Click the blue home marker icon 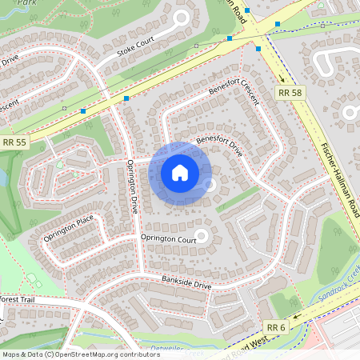click(x=179, y=172)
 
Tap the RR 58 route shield click(x=290, y=94)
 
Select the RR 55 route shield click(x=14, y=142)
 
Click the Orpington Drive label click(x=134, y=186)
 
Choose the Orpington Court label click(x=168, y=238)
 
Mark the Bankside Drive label click(x=186, y=284)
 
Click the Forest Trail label click(x=18, y=299)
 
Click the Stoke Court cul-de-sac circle click(x=182, y=18)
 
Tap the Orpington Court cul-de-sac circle click(x=202, y=235)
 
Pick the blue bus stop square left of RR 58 click(x=258, y=48)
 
